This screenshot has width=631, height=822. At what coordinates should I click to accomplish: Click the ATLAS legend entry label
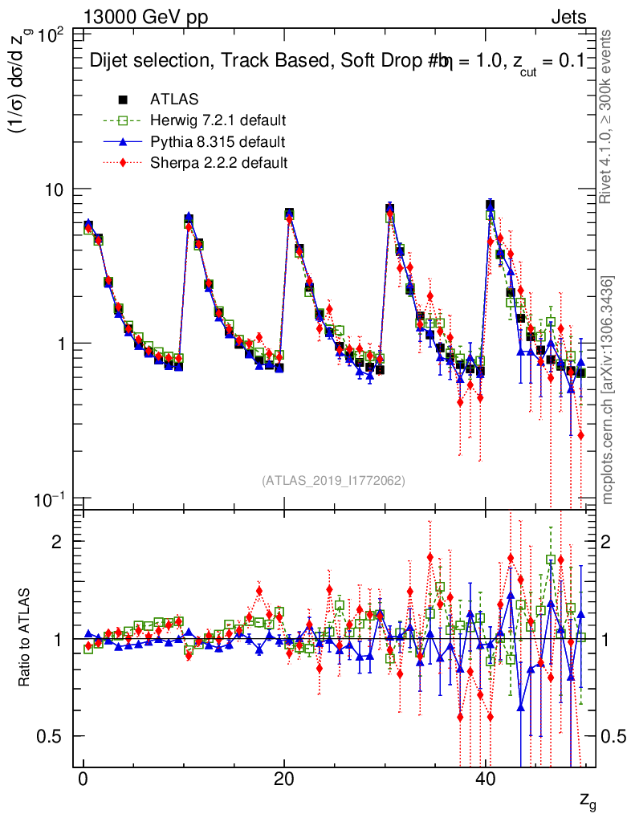pyautogui.click(x=174, y=100)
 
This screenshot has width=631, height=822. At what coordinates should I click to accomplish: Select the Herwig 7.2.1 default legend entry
pyautogui.click(x=218, y=120)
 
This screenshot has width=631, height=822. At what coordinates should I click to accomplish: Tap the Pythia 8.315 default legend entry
pyautogui.click(x=218, y=142)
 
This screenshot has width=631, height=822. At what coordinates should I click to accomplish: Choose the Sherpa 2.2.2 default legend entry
pyautogui.click(x=218, y=163)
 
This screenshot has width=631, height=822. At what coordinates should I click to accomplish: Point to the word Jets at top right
pyautogui.click(x=568, y=18)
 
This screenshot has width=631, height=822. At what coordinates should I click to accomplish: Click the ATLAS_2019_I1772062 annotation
pyautogui.click(x=333, y=480)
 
